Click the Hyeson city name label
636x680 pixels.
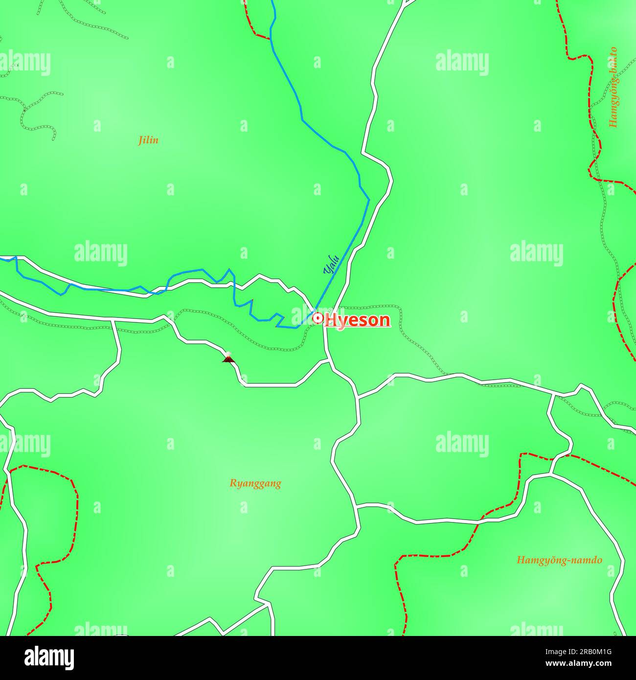[358, 320]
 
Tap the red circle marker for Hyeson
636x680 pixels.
[318, 318]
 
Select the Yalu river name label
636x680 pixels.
[331, 264]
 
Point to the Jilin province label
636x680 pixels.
[148, 140]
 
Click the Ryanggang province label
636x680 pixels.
[255, 483]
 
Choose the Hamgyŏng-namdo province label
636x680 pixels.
[559, 560]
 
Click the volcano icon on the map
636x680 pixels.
[228, 358]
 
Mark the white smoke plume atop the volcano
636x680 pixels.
[227, 353]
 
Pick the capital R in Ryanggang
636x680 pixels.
[233, 483]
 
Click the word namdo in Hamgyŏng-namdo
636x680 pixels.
[586, 560]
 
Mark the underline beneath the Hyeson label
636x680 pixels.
[358, 327]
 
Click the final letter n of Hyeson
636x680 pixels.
[385, 320]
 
